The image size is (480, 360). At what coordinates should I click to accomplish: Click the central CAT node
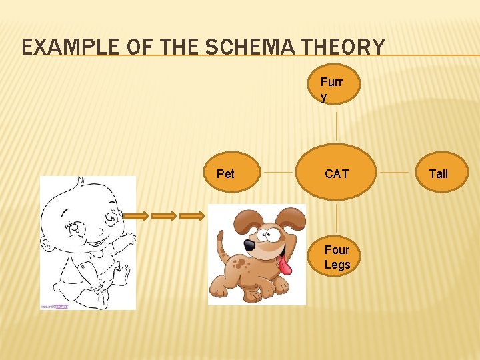tap(337, 173)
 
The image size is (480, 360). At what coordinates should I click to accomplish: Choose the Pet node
tap(226, 173)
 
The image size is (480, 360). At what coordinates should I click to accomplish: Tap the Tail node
tap(439, 173)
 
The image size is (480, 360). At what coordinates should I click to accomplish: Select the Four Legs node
tap(337, 257)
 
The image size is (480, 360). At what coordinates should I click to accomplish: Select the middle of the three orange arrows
tap(164, 216)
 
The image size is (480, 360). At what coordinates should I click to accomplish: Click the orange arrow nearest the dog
tap(192, 216)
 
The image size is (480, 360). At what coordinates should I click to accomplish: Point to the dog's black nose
tap(249, 245)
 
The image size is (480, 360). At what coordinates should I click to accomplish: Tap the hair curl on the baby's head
tap(80, 181)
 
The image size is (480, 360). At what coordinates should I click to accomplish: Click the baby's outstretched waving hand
tap(128, 237)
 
